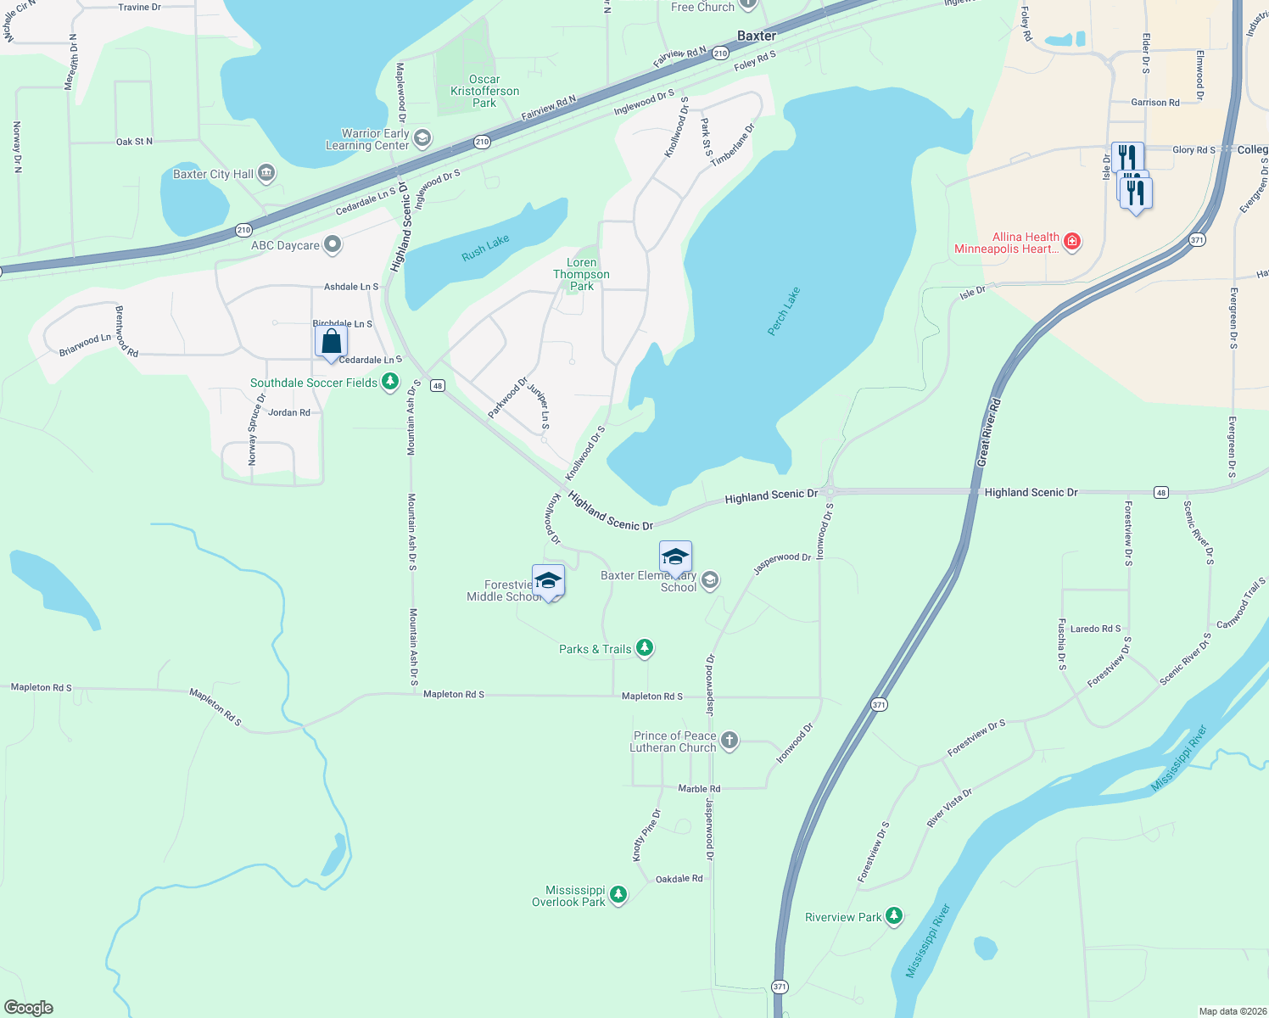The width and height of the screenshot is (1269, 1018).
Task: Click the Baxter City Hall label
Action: pyautogui.click(x=213, y=174)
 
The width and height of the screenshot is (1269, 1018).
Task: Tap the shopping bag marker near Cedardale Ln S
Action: pyautogui.click(x=331, y=342)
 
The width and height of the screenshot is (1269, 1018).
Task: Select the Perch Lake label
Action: pyautogui.click(x=784, y=311)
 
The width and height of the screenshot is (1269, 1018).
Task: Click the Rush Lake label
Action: pyautogui.click(x=485, y=247)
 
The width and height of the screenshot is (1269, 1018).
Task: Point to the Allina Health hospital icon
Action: pyautogui.click(x=1072, y=243)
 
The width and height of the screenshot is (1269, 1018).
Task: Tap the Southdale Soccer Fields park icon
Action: pyautogui.click(x=390, y=382)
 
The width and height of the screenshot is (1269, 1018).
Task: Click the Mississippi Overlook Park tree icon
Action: pyautogui.click(x=618, y=895)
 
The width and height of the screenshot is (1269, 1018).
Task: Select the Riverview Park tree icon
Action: pyautogui.click(x=893, y=916)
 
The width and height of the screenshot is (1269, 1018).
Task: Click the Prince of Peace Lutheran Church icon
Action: pyautogui.click(x=730, y=741)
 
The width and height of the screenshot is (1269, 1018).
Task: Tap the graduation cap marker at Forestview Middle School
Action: pyautogui.click(x=548, y=582)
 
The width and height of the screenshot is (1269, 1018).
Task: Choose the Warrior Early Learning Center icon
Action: pyautogui.click(x=422, y=138)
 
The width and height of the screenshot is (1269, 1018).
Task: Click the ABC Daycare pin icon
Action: pyautogui.click(x=333, y=245)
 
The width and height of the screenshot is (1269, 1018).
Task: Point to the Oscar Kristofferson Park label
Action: pyautogui.click(x=484, y=91)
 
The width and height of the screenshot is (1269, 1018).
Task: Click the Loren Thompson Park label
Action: pyautogui.click(x=581, y=274)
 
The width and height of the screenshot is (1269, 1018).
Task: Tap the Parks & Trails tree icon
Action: pyautogui.click(x=645, y=648)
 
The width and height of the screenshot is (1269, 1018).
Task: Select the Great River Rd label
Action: pyautogui.click(x=989, y=432)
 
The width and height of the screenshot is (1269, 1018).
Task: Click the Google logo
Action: pyautogui.click(x=29, y=1008)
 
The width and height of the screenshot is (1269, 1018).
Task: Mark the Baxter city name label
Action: pyautogui.click(x=756, y=36)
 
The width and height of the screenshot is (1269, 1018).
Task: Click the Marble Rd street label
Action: pyautogui.click(x=699, y=788)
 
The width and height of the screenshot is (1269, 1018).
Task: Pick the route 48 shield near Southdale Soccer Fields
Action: pyautogui.click(x=437, y=385)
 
